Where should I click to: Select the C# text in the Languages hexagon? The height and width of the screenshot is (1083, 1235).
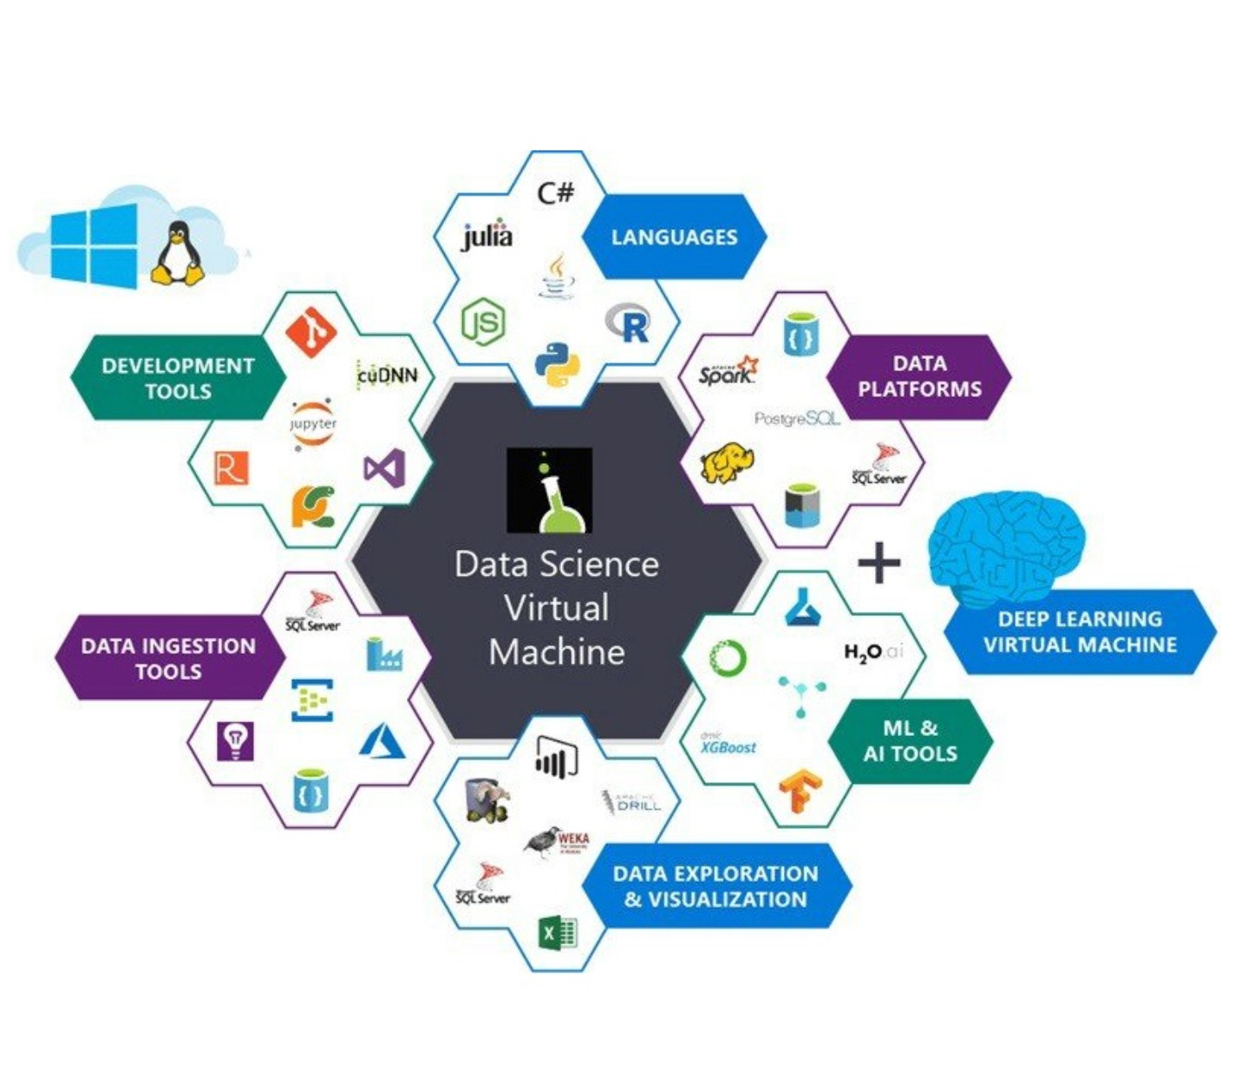pos(555,191)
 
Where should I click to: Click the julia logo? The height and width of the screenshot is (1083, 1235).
pos(487,236)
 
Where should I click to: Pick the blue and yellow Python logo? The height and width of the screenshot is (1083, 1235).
pos(556,365)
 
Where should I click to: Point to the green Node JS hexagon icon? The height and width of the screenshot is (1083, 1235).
pos(483,323)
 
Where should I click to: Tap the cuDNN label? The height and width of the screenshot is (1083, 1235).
pos(387,375)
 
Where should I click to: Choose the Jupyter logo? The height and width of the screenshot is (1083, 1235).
pos(312,424)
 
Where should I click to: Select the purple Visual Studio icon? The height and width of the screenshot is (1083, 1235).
pos(384,469)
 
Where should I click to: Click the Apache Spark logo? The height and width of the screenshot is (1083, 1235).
pos(728,372)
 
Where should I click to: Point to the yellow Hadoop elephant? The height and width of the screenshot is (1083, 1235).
pos(727,465)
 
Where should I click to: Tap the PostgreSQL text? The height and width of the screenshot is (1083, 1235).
pos(797,419)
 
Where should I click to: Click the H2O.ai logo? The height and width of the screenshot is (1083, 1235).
pos(872,651)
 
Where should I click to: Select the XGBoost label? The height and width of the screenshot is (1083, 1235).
pos(728,745)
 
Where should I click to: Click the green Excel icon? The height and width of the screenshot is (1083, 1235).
pos(558,933)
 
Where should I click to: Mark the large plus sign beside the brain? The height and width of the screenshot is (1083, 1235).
pos(879,564)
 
